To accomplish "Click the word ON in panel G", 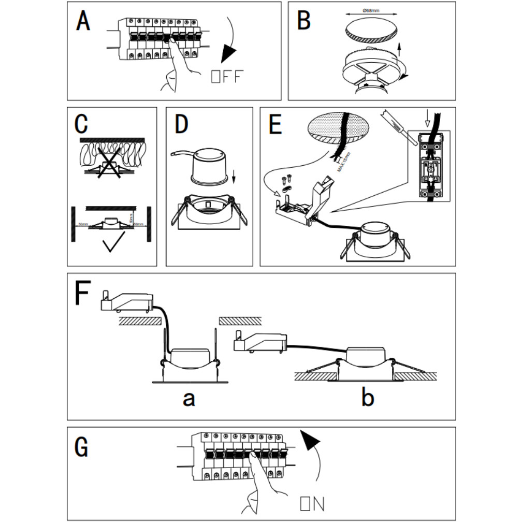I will [312, 504].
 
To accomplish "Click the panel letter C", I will [82, 124].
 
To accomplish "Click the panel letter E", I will [275, 124].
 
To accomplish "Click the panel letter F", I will [83, 294].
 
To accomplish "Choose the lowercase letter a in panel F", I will [189, 398].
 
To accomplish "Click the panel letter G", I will [82, 447].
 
